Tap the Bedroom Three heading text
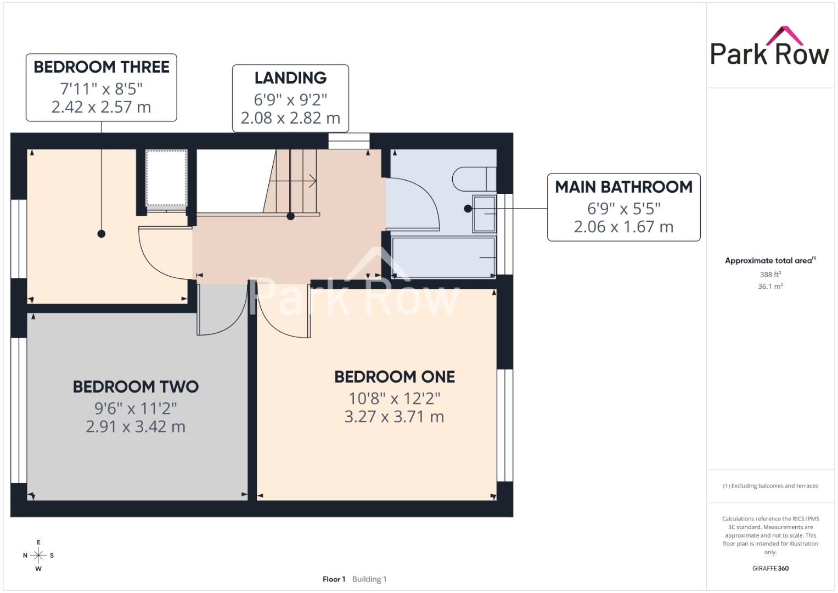click(x=102, y=67)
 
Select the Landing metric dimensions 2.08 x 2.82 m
click(x=290, y=118)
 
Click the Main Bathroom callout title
click(x=623, y=187)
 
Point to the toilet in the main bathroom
click(x=474, y=179)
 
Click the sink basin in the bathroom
click(x=485, y=214)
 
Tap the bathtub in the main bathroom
click(x=443, y=257)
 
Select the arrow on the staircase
click(x=293, y=181)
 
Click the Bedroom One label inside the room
click(x=395, y=377)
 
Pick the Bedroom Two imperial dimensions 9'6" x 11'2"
click(x=136, y=409)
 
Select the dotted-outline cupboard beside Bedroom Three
click(x=166, y=178)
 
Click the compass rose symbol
click(x=38, y=555)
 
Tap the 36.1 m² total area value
click(x=770, y=287)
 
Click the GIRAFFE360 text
click(x=770, y=568)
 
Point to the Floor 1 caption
click(x=334, y=579)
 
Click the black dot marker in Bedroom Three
click(x=102, y=233)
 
